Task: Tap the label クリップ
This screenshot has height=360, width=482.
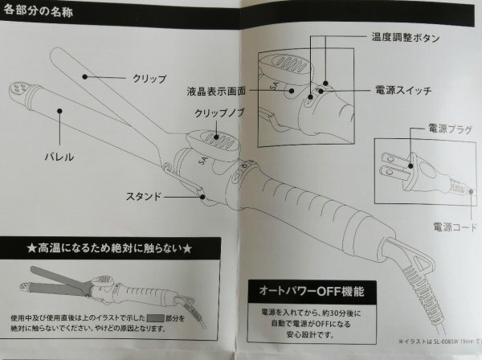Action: pos(149,79)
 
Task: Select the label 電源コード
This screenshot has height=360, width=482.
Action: pos(435,226)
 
